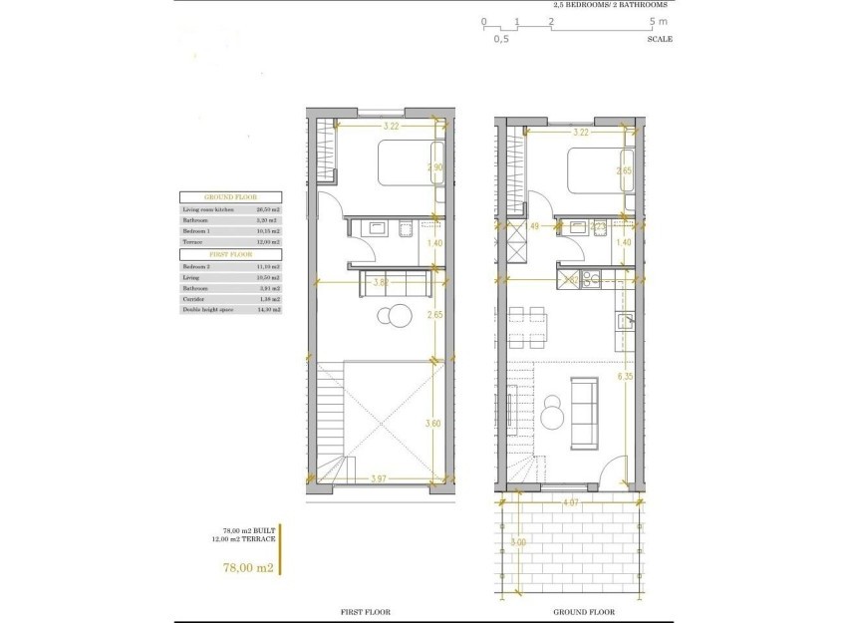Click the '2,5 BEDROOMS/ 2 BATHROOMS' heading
pos(611,5)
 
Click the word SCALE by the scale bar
pos(660,39)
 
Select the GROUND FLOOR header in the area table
pos(230,197)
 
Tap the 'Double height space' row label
pos(206,310)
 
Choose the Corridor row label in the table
pos(193,299)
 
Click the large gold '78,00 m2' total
pos(247,567)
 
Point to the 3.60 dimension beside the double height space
pos(433,424)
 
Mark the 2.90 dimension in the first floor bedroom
pos(433,167)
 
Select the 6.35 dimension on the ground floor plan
pos(626,377)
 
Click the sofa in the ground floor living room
pos(584,412)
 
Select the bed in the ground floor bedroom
pos(596,170)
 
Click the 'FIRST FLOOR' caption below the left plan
pos(365,611)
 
